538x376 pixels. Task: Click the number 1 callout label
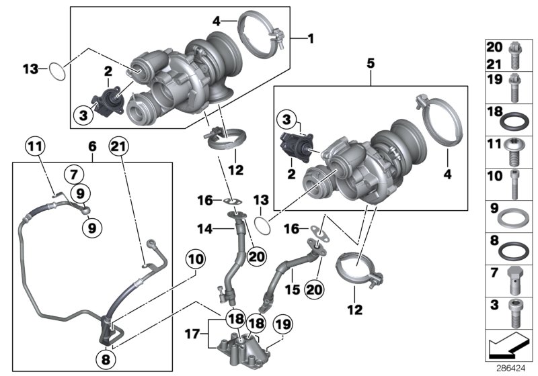click(x=311, y=39)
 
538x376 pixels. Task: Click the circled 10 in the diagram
click(x=195, y=258)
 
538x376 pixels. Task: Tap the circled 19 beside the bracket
click(x=284, y=326)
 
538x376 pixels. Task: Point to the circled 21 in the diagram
click(x=118, y=146)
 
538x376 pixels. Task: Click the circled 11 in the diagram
click(x=35, y=144)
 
